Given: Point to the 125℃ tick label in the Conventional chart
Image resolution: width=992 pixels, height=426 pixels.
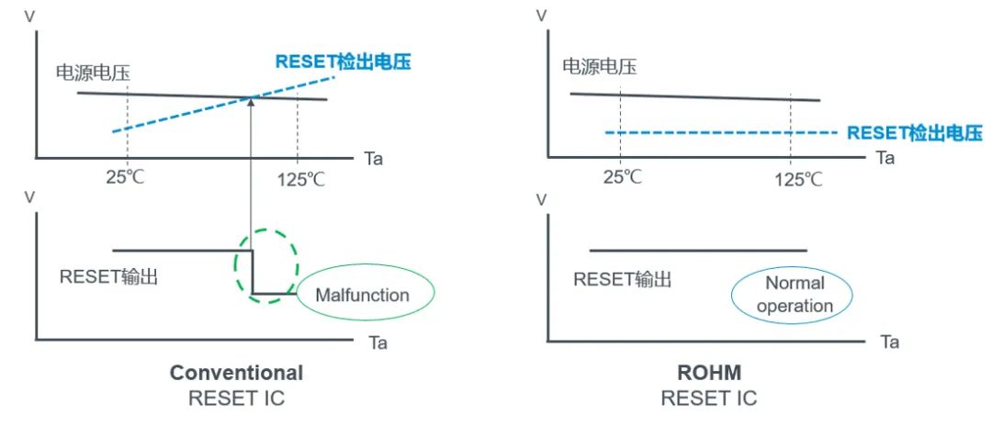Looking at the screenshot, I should (300, 177).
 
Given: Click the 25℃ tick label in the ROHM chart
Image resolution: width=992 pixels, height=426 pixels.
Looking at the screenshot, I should (622, 176).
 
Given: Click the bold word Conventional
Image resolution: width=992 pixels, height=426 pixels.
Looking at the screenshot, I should (236, 373).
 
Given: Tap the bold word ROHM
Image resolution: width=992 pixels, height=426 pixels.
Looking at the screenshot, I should (708, 373).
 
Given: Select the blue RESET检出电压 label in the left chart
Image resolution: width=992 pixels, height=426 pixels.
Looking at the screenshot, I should (343, 62).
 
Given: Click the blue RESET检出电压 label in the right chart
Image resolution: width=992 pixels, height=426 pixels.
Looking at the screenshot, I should (915, 133).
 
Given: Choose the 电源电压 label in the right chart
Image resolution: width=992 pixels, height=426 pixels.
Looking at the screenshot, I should (599, 66).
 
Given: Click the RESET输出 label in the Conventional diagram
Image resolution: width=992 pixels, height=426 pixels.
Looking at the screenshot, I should (108, 275).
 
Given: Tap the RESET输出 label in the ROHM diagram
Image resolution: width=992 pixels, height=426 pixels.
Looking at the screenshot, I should (622, 278).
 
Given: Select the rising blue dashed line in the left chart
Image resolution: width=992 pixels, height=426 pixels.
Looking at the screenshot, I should (184, 115).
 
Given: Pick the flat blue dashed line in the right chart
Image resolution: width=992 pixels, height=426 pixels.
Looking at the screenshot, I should (716, 133).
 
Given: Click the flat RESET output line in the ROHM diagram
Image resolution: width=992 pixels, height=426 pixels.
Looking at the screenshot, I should (698, 250).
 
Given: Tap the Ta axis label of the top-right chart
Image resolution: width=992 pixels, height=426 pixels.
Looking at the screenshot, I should (885, 158).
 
